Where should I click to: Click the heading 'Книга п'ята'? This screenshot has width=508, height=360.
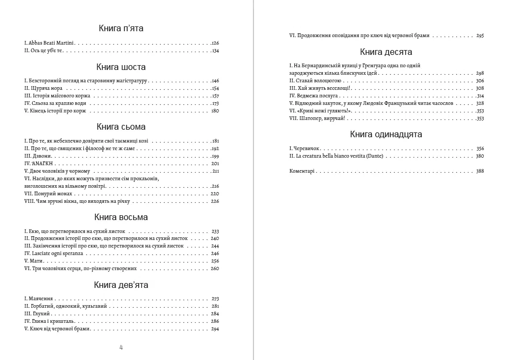coord(121,29)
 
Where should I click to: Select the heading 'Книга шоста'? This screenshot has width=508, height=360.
coord(121,67)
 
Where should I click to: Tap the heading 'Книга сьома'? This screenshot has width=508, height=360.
coord(121,127)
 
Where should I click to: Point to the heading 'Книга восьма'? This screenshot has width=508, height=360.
coord(121,217)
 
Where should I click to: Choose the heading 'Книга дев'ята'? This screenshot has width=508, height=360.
coord(121,285)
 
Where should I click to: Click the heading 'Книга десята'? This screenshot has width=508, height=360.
coord(386,52)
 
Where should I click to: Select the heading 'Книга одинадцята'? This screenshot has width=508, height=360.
coord(386,135)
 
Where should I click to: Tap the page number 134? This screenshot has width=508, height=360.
coord(215,51)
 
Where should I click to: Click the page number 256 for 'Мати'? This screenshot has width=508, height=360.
coord(215,260)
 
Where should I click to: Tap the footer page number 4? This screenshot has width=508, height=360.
coord(121,347)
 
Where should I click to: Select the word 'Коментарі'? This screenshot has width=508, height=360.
coord(302,171)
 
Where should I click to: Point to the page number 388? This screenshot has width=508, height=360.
coord(479,171)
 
